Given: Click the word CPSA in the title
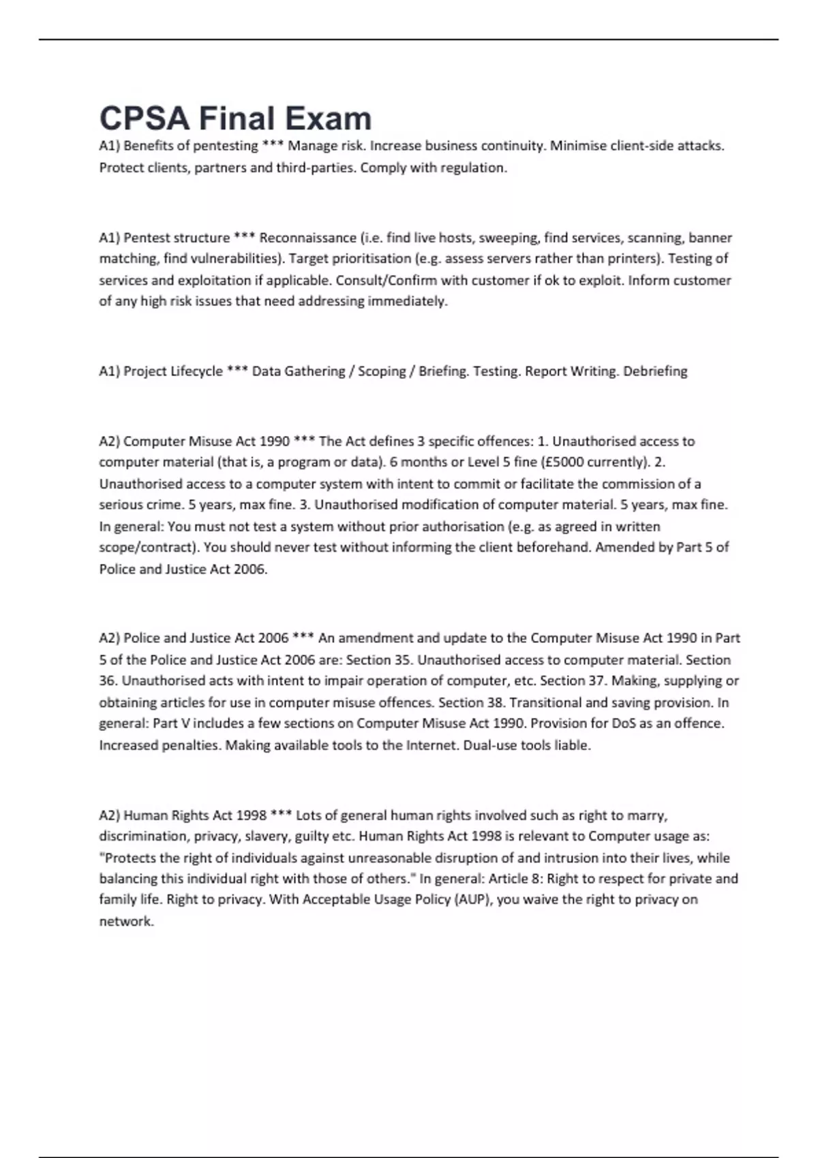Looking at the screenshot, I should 144,119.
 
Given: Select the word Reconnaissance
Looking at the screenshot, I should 308,238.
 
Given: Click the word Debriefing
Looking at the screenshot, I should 655,371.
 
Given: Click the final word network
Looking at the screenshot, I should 126,921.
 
